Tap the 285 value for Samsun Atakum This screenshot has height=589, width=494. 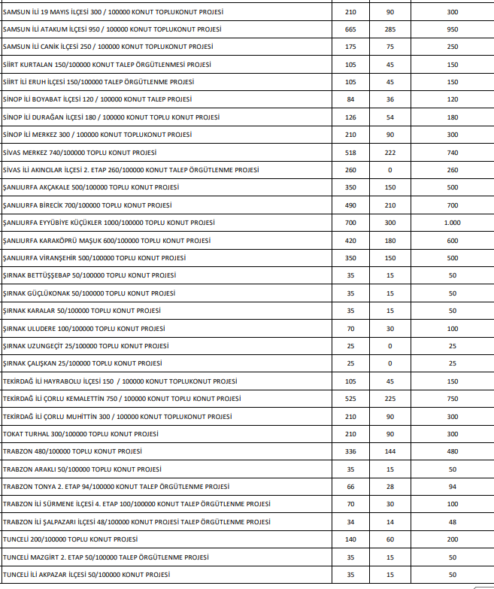[x=389, y=29]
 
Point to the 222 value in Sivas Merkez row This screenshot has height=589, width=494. [x=389, y=153]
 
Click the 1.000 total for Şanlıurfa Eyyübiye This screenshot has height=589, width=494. [x=452, y=223]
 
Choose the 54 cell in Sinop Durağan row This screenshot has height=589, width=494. [x=389, y=117]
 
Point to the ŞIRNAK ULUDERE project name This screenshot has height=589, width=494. [x=83, y=329]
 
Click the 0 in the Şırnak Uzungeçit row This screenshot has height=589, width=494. [x=389, y=346]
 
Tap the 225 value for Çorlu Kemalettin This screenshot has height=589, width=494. [x=389, y=399]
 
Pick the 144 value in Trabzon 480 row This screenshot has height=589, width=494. [x=389, y=451]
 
